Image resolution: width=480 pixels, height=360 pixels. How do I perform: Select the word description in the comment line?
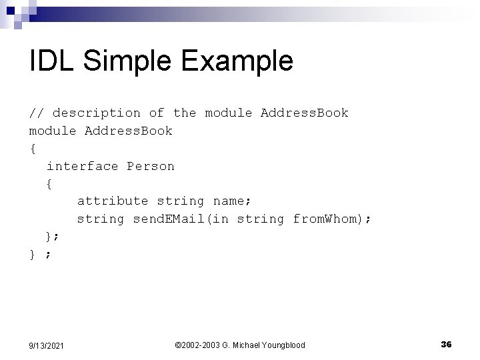pyautogui.click(x=97, y=113)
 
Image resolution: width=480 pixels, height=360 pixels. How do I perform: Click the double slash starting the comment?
pyautogui.click(x=37, y=113)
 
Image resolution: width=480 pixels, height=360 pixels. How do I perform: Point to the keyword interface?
pyautogui.click(x=82, y=166)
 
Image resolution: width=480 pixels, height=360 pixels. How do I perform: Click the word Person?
pyautogui.click(x=151, y=166)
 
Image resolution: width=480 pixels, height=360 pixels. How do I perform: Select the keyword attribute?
pyautogui.click(x=113, y=201)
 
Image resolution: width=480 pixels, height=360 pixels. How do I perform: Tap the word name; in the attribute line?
pyautogui.click(x=233, y=201)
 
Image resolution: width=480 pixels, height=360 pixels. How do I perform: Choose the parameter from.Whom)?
pyautogui.click(x=331, y=219)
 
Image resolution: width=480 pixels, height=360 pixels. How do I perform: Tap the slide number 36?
pyautogui.click(x=446, y=344)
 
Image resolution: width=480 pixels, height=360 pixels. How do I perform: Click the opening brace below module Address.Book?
pyautogui.click(x=32, y=148)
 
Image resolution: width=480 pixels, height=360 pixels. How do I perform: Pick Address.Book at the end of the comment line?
pyautogui.click(x=304, y=113)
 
